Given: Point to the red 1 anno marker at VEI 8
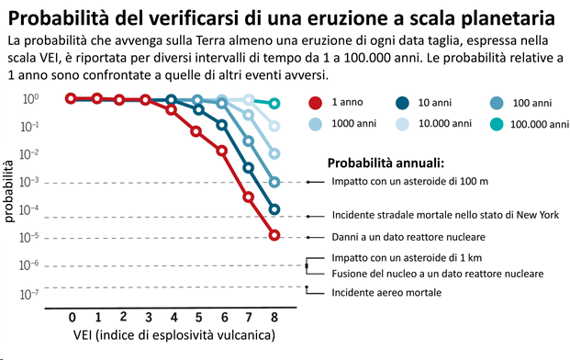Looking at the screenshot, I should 274,236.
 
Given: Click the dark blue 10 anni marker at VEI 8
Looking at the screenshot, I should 274,209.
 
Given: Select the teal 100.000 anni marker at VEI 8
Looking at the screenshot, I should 274,104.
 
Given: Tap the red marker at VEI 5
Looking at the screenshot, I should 196,131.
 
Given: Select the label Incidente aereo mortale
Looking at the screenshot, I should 386,292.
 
